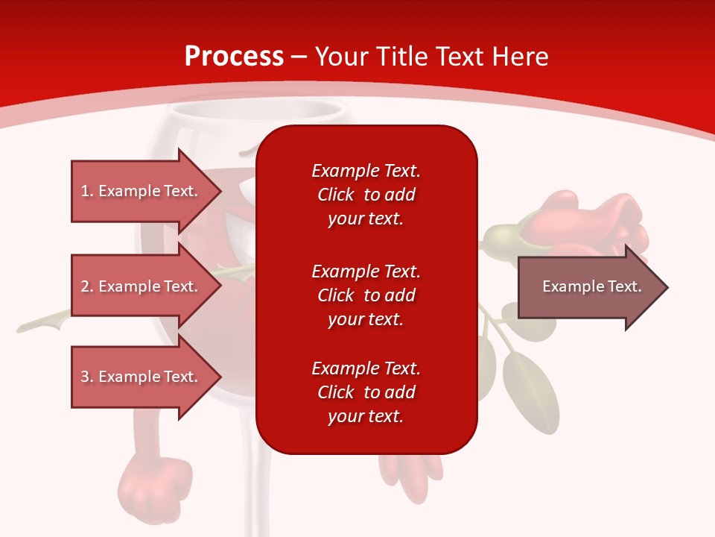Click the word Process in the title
coord(234,57)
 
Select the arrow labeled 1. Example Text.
coord(142,192)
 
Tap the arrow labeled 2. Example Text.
coord(142,286)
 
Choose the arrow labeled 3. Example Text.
coord(142,377)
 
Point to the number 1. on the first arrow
coord(87,192)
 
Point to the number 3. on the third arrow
coord(87,377)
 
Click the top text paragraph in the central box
coord(366,195)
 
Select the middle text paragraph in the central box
coord(366,295)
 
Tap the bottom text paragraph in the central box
coord(366,392)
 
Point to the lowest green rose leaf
coord(530,392)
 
